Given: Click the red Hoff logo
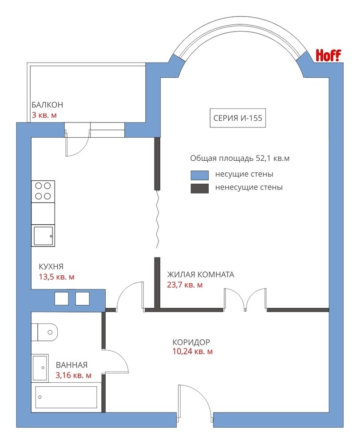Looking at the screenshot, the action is (x=328, y=55).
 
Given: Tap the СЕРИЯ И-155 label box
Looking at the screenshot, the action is (x=238, y=118).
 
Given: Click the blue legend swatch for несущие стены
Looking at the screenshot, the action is (x=199, y=175).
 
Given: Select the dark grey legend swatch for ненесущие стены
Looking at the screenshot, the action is (x=199, y=188).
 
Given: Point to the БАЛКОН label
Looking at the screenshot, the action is (x=47, y=105).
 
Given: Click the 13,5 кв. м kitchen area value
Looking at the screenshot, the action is (x=57, y=277).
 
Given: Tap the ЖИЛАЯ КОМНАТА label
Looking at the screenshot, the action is (x=201, y=274).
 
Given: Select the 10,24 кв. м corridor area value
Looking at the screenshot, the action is (x=193, y=351).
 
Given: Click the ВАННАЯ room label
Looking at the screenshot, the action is (x=71, y=365).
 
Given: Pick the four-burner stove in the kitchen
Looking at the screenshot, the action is (x=43, y=191).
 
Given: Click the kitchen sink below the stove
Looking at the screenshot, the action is (x=43, y=236).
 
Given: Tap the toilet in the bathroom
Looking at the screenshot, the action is (x=44, y=332).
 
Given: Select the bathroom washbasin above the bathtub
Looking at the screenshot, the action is (x=40, y=368).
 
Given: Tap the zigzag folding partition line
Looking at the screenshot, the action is (x=157, y=219).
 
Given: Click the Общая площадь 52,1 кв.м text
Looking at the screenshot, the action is (x=240, y=158).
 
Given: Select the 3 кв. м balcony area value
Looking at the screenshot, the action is (x=44, y=115).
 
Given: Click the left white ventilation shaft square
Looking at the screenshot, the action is (x=61, y=298).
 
